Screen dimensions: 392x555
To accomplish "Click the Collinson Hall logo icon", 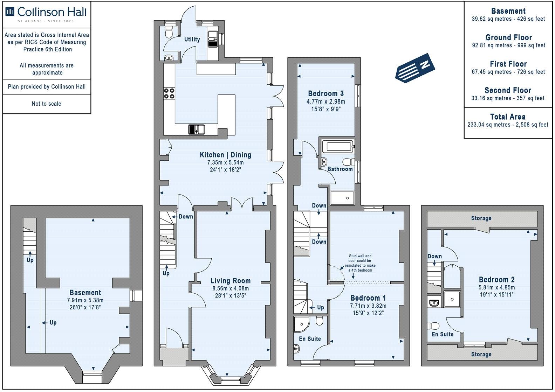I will point(10,12).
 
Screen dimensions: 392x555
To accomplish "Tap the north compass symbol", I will point(415,68).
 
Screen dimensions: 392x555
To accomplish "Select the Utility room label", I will point(192,40).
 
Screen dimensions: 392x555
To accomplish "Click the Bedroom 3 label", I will point(326,93).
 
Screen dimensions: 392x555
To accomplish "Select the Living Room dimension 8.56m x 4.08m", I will point(231,289).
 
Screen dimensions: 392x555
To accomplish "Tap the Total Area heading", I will point(508,117).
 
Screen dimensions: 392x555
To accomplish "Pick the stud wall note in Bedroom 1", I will point(360,263).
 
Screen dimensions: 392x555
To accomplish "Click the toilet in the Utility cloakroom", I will point(169,32).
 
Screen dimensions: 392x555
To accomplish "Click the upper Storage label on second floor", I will point(481,218).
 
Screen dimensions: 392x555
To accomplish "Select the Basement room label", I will point(85,293).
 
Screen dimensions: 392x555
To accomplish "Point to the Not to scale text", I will point(46,104).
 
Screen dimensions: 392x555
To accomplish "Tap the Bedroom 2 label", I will point(496,280).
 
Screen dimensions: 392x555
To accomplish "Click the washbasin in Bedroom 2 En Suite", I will point(434,302).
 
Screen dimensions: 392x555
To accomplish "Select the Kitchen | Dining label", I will point(225,155).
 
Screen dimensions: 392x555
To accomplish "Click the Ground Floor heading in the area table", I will point(508,37).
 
